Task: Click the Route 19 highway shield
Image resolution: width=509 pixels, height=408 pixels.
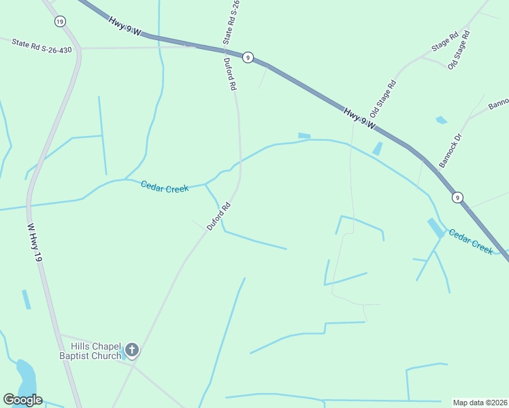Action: click(x=61, y=21)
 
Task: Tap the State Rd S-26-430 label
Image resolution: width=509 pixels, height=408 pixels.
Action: click(x=42, y=46)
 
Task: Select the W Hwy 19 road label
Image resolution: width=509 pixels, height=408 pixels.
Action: click(x=35, y=244)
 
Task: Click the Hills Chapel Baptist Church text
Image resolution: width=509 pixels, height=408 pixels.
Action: click(x=90, y=350)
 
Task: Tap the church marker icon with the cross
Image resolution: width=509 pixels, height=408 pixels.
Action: click(x=132, y=351)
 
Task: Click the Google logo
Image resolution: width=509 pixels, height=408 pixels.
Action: click(x=22, y=400)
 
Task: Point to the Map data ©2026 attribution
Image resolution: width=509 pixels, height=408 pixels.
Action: click(x=480, y=402)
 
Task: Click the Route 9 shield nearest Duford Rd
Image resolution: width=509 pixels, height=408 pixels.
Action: click(x=248, y=58)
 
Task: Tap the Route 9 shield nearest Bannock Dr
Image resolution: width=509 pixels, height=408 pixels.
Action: click(x=458, y=197)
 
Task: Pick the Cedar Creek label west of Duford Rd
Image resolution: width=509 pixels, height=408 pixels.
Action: click(x=165, y=186)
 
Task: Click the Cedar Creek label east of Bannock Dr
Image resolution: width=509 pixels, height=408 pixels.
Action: click(x=470, y=241)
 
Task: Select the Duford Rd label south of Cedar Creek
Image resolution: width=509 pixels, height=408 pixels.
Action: click(x=219, y=216)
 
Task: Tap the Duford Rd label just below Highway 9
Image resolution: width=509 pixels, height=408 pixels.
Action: click(x=231, y=74)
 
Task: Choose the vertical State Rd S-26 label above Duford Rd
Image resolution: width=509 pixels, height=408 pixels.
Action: click(x=231, y=22)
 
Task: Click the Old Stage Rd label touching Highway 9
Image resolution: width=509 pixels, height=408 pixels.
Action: click(x=382, y=99)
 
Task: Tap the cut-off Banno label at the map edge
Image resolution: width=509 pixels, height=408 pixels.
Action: click(x=499, y=104)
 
